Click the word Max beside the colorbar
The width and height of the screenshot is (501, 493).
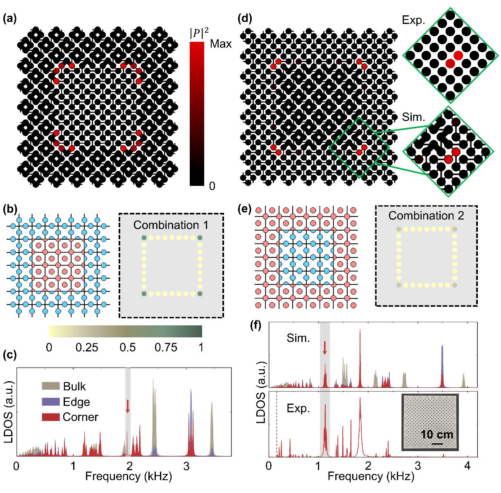pos(221,43)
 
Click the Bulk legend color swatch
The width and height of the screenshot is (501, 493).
pos(50,387)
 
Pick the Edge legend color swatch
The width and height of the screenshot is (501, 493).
pos(50,402)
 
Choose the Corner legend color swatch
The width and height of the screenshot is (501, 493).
pos(50,416)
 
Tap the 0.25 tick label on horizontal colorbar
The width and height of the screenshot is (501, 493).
pos(87,347)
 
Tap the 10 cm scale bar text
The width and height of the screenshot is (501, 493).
pos(437,435)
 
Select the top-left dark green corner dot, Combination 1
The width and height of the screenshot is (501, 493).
pos(144,238)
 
